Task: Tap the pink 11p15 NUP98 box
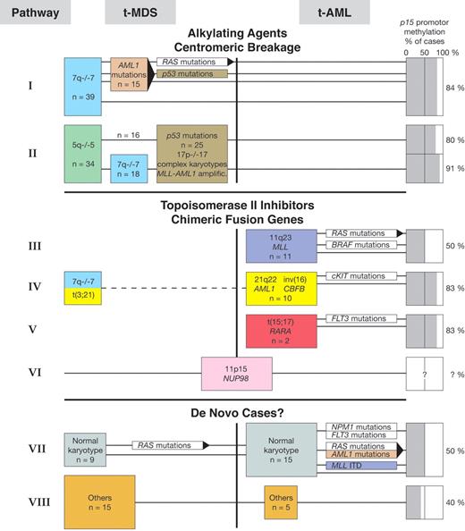pos(236,373)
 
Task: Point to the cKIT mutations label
pos(359,276)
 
